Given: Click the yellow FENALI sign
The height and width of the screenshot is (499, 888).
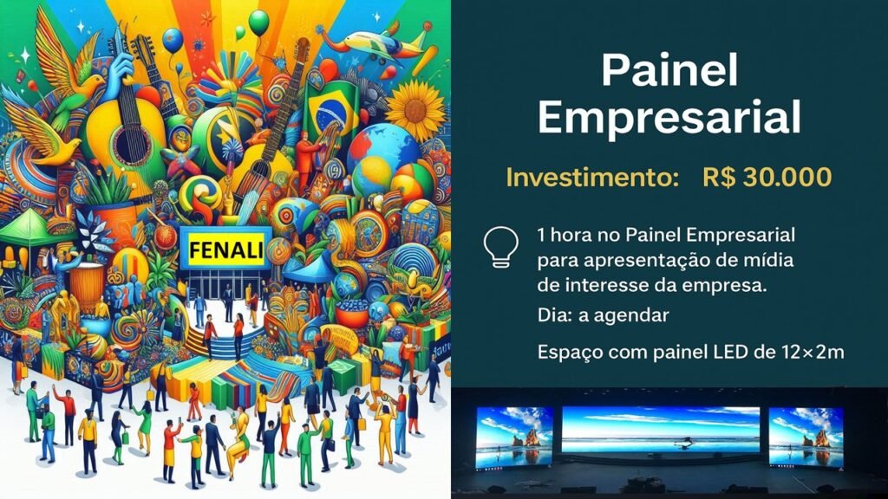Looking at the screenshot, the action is (x=226, y=249).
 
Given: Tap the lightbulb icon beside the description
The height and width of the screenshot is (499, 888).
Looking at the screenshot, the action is (x=500, y=247).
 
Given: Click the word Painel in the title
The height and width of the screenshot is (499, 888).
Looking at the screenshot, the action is (x=669, y=70).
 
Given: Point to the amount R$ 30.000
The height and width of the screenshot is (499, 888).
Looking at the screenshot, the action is (x=767, y=177).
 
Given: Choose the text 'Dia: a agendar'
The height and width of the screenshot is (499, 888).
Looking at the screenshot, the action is (x=604, y=315).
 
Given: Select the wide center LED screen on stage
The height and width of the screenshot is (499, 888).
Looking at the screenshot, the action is (x=660, y=430).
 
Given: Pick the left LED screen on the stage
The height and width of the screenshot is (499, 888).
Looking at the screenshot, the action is (x=514, y=437).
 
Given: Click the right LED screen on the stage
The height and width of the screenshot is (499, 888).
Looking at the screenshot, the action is (x=806, y=437).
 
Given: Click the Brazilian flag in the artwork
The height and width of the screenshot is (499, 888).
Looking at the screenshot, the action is (x=332, y=112).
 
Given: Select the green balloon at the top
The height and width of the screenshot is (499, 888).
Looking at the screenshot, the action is (x=258, y=23).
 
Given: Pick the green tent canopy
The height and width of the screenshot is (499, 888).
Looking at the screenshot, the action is (x=29, y=227).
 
